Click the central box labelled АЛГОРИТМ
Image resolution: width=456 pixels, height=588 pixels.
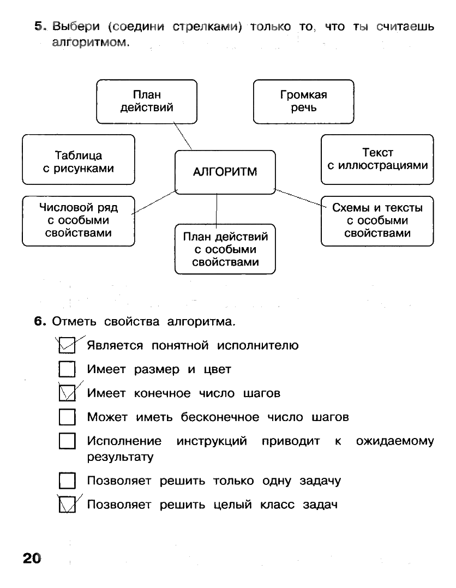tap(225, 172)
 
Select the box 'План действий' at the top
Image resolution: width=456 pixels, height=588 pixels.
tap(147, 101)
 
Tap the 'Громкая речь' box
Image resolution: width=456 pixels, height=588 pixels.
tap(303, 101)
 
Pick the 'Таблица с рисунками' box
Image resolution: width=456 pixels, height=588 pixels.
tap(78, 162)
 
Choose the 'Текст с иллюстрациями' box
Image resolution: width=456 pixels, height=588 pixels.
tap(377, 159)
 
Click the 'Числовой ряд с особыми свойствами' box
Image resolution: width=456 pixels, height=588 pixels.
tap(78, 220)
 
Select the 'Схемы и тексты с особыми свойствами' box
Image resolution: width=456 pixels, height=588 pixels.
tap(377, 220)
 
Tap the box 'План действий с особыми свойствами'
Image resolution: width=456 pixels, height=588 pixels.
tap(225, 249)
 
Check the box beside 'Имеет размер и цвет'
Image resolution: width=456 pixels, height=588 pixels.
tap(66, 370)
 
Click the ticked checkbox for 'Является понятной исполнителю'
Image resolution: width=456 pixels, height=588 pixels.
tap(66, 346)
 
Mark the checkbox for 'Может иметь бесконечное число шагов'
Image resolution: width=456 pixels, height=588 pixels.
tap(66, 418)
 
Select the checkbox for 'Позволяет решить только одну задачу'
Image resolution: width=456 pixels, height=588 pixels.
tap(66, 481)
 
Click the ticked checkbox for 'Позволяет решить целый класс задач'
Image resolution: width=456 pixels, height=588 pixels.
tap(66, 505)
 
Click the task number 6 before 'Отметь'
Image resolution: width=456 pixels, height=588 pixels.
tap(39, 322)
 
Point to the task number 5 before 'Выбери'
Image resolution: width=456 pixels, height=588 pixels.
tap(39, 26)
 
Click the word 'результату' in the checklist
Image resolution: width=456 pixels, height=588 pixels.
tap(120, 457)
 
